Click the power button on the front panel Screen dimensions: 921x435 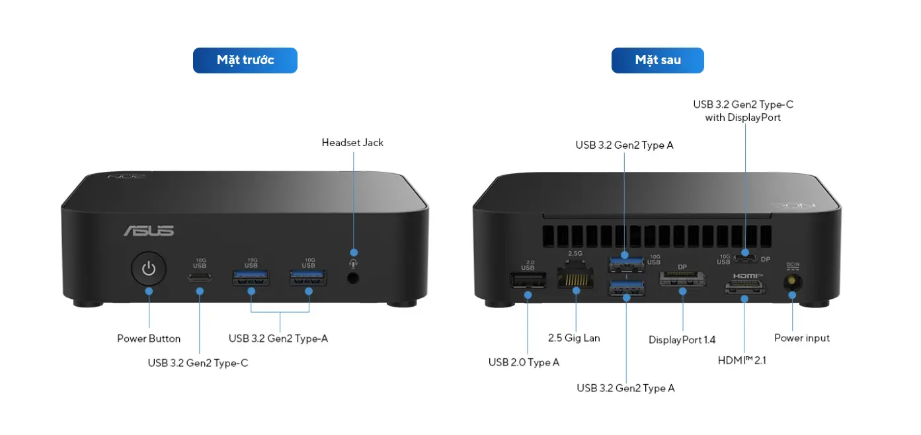pos(148,269)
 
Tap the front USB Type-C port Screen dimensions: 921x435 pos(200,278)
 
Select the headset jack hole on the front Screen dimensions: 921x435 pos(353,278)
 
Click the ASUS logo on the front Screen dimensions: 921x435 pos(149,231)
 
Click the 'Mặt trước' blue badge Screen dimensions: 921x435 pos(245,60)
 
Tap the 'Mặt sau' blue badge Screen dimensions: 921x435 pos(657,60)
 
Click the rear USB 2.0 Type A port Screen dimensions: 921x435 pos(528,280)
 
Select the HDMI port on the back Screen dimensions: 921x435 pos(744,287)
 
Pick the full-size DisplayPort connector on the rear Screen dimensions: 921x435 pos(682,279)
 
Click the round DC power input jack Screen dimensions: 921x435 pos(792,283)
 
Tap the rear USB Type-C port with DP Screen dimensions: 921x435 pos(745,259)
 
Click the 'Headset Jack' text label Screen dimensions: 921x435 pos(352,143)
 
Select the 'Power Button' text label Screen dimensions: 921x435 pos(149,338)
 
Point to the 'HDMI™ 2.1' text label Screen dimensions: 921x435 pos(742,360)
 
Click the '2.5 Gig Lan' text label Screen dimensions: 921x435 pos(574,338)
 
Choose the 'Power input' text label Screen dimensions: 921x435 pos(802,338)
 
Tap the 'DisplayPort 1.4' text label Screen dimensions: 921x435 pos(682,340)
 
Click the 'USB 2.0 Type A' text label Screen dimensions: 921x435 pos(524,362)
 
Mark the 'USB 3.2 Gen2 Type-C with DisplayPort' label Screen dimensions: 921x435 pos(743,111)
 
